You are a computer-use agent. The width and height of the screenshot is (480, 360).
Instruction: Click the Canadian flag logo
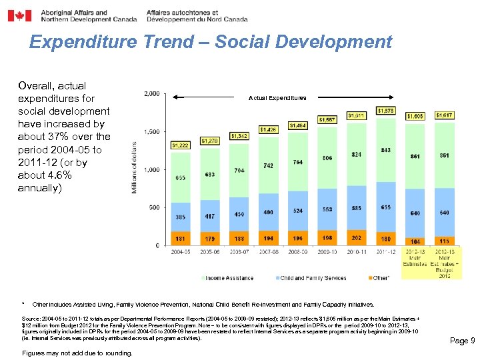(19, 15)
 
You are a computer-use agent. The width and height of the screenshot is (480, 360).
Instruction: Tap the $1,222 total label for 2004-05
(181, 145)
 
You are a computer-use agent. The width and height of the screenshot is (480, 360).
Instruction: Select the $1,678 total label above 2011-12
(386, 111)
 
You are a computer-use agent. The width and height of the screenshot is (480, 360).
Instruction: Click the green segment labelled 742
(268, 165)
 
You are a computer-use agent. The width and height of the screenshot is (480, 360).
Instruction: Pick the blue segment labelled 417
(209, 216)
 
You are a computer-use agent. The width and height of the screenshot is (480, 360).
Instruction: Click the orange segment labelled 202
(357, 238)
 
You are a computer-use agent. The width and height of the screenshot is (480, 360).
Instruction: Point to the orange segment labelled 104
(415, 241)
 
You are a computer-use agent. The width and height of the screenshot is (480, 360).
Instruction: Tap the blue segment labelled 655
(386, 207)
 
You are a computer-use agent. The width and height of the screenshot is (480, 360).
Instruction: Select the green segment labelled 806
(327, 158)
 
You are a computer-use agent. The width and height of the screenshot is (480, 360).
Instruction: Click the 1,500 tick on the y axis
(152, 132)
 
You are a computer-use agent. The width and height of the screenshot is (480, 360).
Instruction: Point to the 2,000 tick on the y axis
(152, 94)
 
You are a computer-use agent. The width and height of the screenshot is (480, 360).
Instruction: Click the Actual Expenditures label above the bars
(277, 98)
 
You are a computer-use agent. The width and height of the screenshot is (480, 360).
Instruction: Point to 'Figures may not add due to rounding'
(77, 353)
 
